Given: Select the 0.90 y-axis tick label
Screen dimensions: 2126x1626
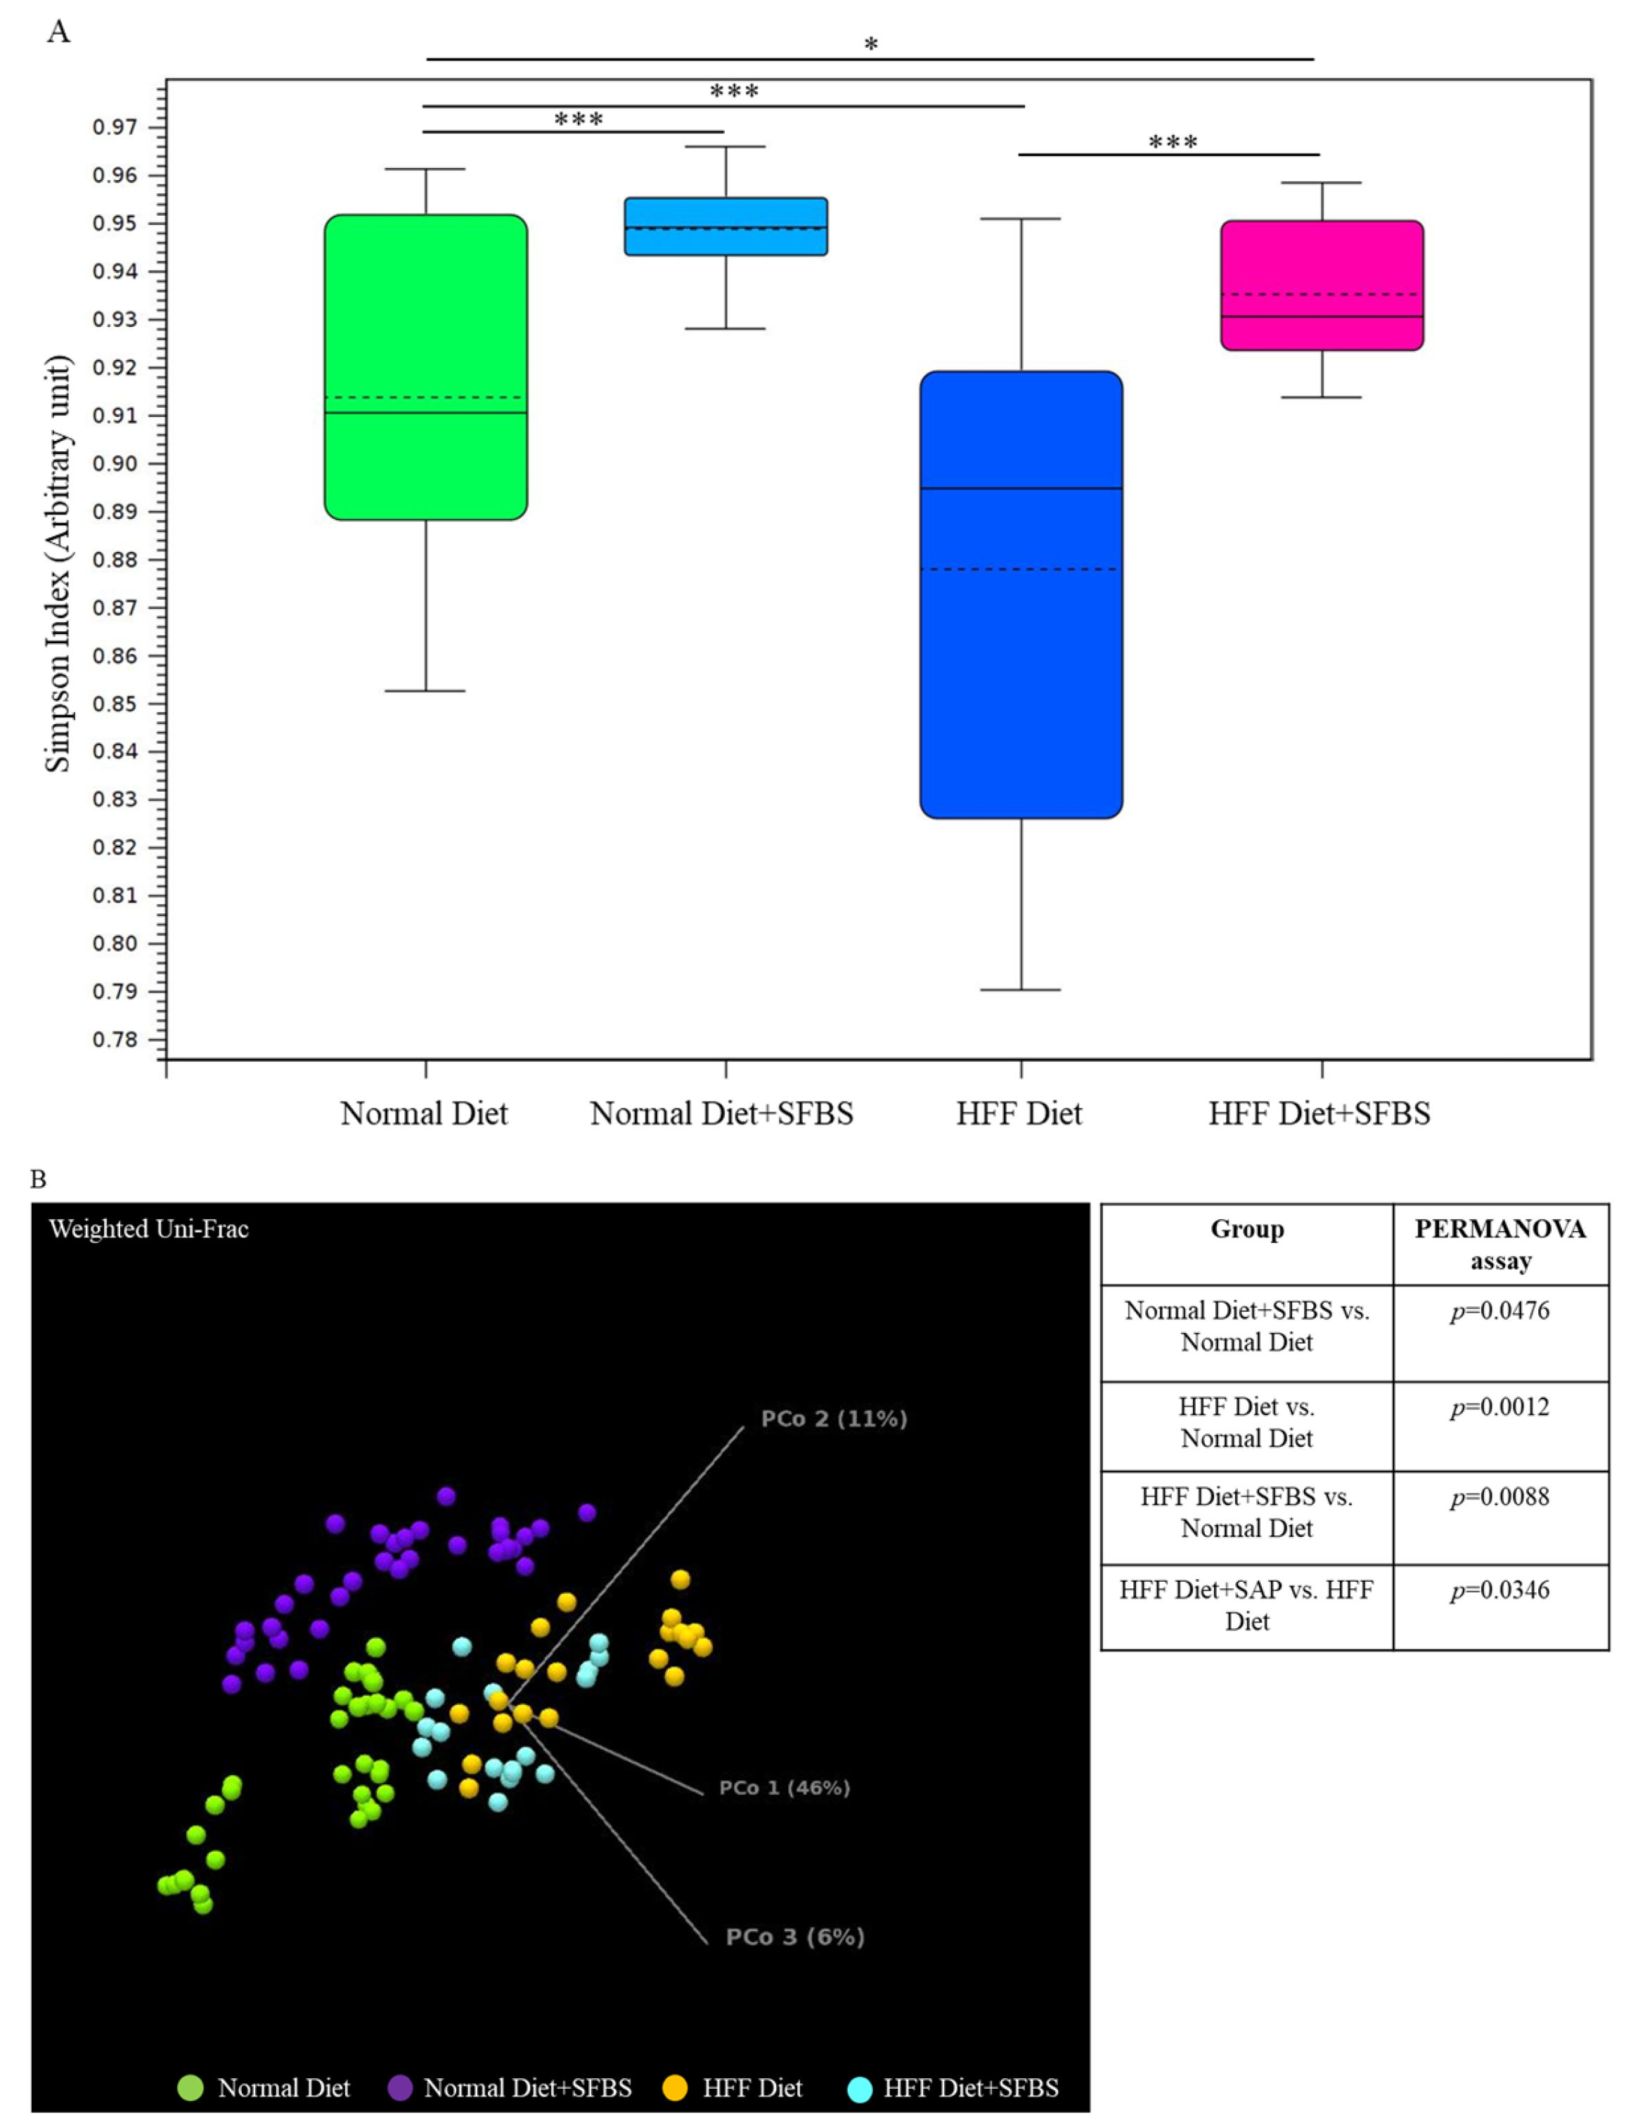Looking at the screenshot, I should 115,463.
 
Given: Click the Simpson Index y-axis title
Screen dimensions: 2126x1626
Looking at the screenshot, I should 58,563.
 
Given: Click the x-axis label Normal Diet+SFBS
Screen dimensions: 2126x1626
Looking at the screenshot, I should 722,1114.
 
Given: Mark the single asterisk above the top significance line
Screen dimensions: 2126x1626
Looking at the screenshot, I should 871,44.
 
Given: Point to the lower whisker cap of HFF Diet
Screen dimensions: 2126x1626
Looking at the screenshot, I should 1021,990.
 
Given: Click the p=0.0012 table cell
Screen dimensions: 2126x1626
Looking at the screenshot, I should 1500,1407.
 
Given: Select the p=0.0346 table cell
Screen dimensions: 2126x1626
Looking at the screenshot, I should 1500,1590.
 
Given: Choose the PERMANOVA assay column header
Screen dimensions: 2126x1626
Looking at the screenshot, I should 1500,1244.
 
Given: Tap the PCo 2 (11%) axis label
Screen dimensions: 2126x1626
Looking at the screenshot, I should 833,1419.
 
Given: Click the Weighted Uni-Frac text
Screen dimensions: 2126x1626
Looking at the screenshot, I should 149,1229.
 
